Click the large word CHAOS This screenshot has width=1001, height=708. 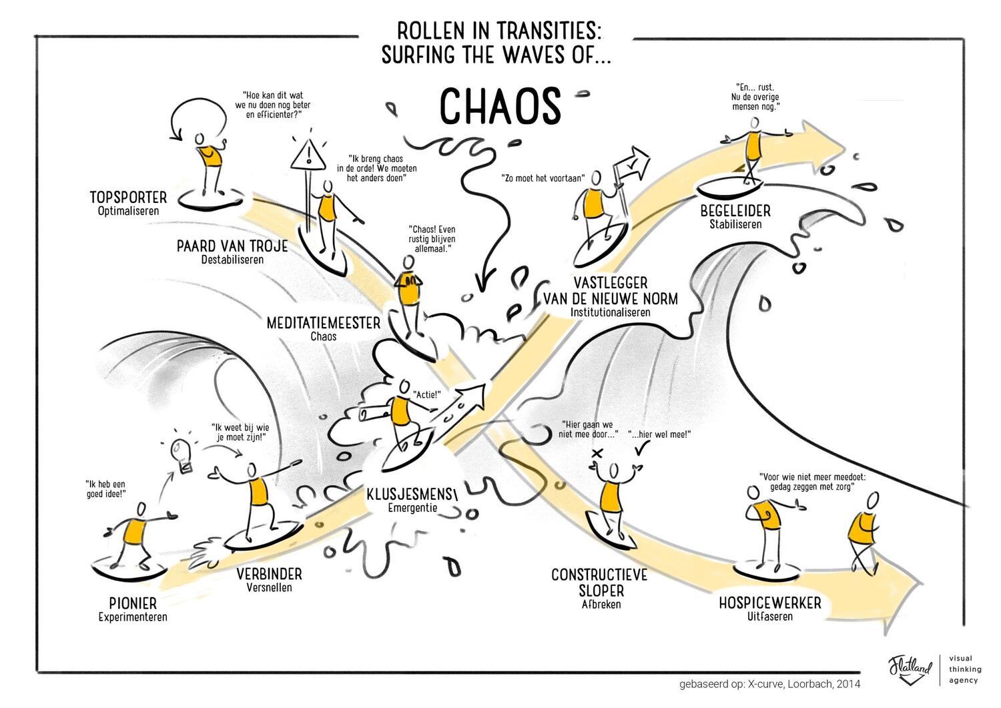click(500, 106)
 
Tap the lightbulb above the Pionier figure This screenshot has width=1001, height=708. click(182, 454)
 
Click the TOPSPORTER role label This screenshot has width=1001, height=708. click(128, 197)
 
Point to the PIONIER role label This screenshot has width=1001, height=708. click(133, 603)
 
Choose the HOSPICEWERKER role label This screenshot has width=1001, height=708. click(770, 603)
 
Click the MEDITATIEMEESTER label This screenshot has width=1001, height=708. click(323, 323)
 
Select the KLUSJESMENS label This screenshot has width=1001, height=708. click(410, 494)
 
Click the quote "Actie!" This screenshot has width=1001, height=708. click(427, 394)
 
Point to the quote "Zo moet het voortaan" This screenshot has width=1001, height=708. click(543, 178)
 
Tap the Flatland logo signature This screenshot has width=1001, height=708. click(910, 669)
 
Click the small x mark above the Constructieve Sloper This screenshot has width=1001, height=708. click(597, 453)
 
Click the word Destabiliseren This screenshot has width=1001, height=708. click(232, 259)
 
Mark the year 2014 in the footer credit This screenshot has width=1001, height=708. click(848, 684)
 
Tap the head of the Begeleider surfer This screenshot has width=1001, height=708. click(755, 123)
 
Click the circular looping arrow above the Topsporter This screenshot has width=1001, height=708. click(197, 117)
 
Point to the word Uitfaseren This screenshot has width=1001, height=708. click(770, 617)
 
